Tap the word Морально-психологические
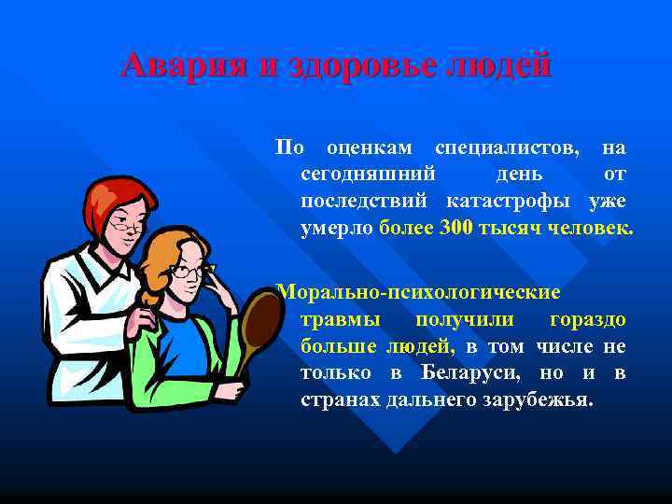[x=419, y=293]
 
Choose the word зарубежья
[x=543, y=400]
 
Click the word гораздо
[x=588, y=320]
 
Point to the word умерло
[x=337, y=228]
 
